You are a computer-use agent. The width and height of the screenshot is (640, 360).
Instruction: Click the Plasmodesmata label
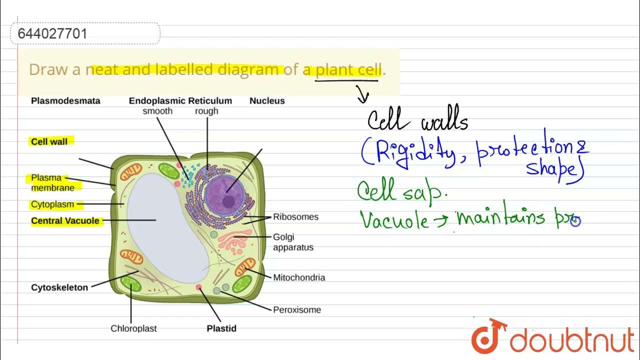65,101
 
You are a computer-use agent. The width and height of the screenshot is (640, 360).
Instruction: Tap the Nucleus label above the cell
267,101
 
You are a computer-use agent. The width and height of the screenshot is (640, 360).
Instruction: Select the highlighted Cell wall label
49,141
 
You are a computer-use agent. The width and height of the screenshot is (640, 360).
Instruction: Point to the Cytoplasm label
52,204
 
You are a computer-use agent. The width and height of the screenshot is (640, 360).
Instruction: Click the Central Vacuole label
65,221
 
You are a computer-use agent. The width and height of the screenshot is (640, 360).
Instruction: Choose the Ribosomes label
295,217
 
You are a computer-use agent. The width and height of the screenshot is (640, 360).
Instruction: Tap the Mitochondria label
299,277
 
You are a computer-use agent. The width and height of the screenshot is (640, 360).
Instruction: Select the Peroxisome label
297,310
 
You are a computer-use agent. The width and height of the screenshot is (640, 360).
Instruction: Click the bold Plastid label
221,328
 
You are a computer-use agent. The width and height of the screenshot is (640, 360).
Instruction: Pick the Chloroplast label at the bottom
133,328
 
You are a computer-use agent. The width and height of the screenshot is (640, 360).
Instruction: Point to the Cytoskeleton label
59,287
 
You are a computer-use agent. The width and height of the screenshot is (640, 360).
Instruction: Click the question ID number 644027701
52,34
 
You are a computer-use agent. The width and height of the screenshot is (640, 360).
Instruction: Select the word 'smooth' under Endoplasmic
157,111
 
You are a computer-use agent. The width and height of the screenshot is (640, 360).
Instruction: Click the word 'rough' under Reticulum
206,111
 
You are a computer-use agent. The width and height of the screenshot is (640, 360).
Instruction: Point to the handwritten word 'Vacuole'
393,220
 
